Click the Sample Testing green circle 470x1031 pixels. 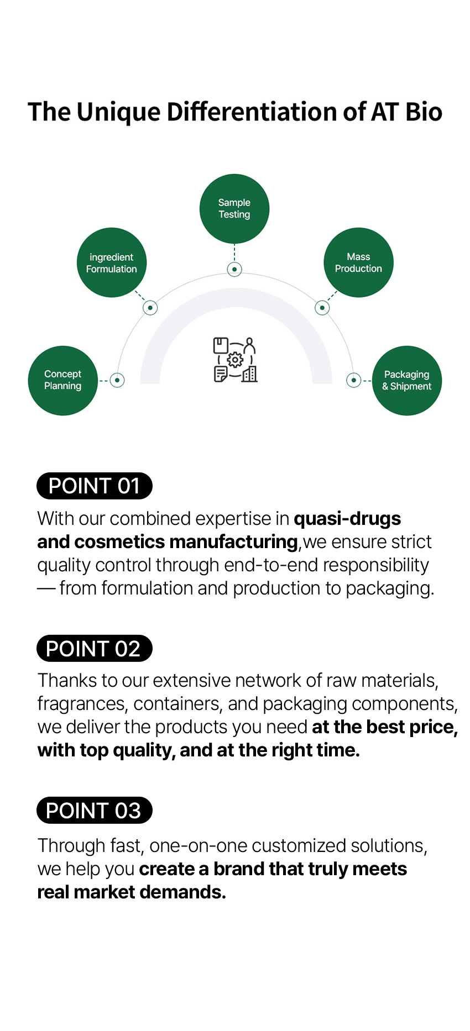pyautogui.click(x=234, y=209)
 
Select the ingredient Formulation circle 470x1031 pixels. pyautogui.click(x=112, y=262)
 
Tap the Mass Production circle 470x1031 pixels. pyautogui.click(x=358, y=262)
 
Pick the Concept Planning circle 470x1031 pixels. pyautogui.click(x=63, y=380)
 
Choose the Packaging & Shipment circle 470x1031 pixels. pyautogui.click(x=407, y=380)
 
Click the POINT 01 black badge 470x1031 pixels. pyautogui.click(x=95, y=486)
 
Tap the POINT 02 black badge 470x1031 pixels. pyautogui.click(x=95, y=648)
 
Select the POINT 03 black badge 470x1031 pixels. pyautogui.click(x=95, y=811)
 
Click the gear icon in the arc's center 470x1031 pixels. pyautogui.click(x=235, y=360)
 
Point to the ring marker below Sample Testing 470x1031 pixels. pyautogui.click(x=234, y=269)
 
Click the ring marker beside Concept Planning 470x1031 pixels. pyautogui.click(x=117, y=380)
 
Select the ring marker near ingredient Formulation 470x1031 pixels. pyautogui.click(x=150, y=308)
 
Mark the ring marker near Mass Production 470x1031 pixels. pyautogui.click(x=322, y=308)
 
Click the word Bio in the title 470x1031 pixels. pyautogui.click(x=424, y=112)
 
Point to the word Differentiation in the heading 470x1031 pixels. pyautogui.click(x=252, y=112)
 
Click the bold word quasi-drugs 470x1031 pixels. pyautogui.click(x=347, y=519)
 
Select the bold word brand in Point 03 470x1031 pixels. pyautogui.click(x=239, y=869)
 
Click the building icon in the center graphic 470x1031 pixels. pyautogui.click(x=250, y=374)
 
